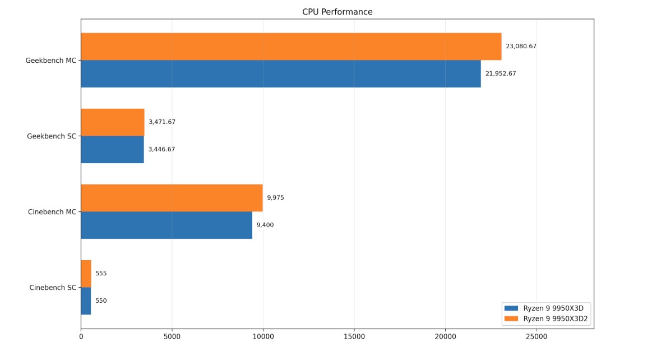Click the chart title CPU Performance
337,12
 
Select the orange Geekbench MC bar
291,47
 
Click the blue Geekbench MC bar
280,73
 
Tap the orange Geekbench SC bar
112,122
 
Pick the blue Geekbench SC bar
112,149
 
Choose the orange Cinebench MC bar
172,198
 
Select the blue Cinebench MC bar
166,225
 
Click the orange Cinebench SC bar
86,274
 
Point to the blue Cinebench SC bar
86,301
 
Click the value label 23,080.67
521,47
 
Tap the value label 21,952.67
501,73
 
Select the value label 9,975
275,198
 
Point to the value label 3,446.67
161,150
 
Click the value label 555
101,274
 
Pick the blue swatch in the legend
511,308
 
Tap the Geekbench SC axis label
51,136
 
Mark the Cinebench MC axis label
52,212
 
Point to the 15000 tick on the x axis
354,337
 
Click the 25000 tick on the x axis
536,337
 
